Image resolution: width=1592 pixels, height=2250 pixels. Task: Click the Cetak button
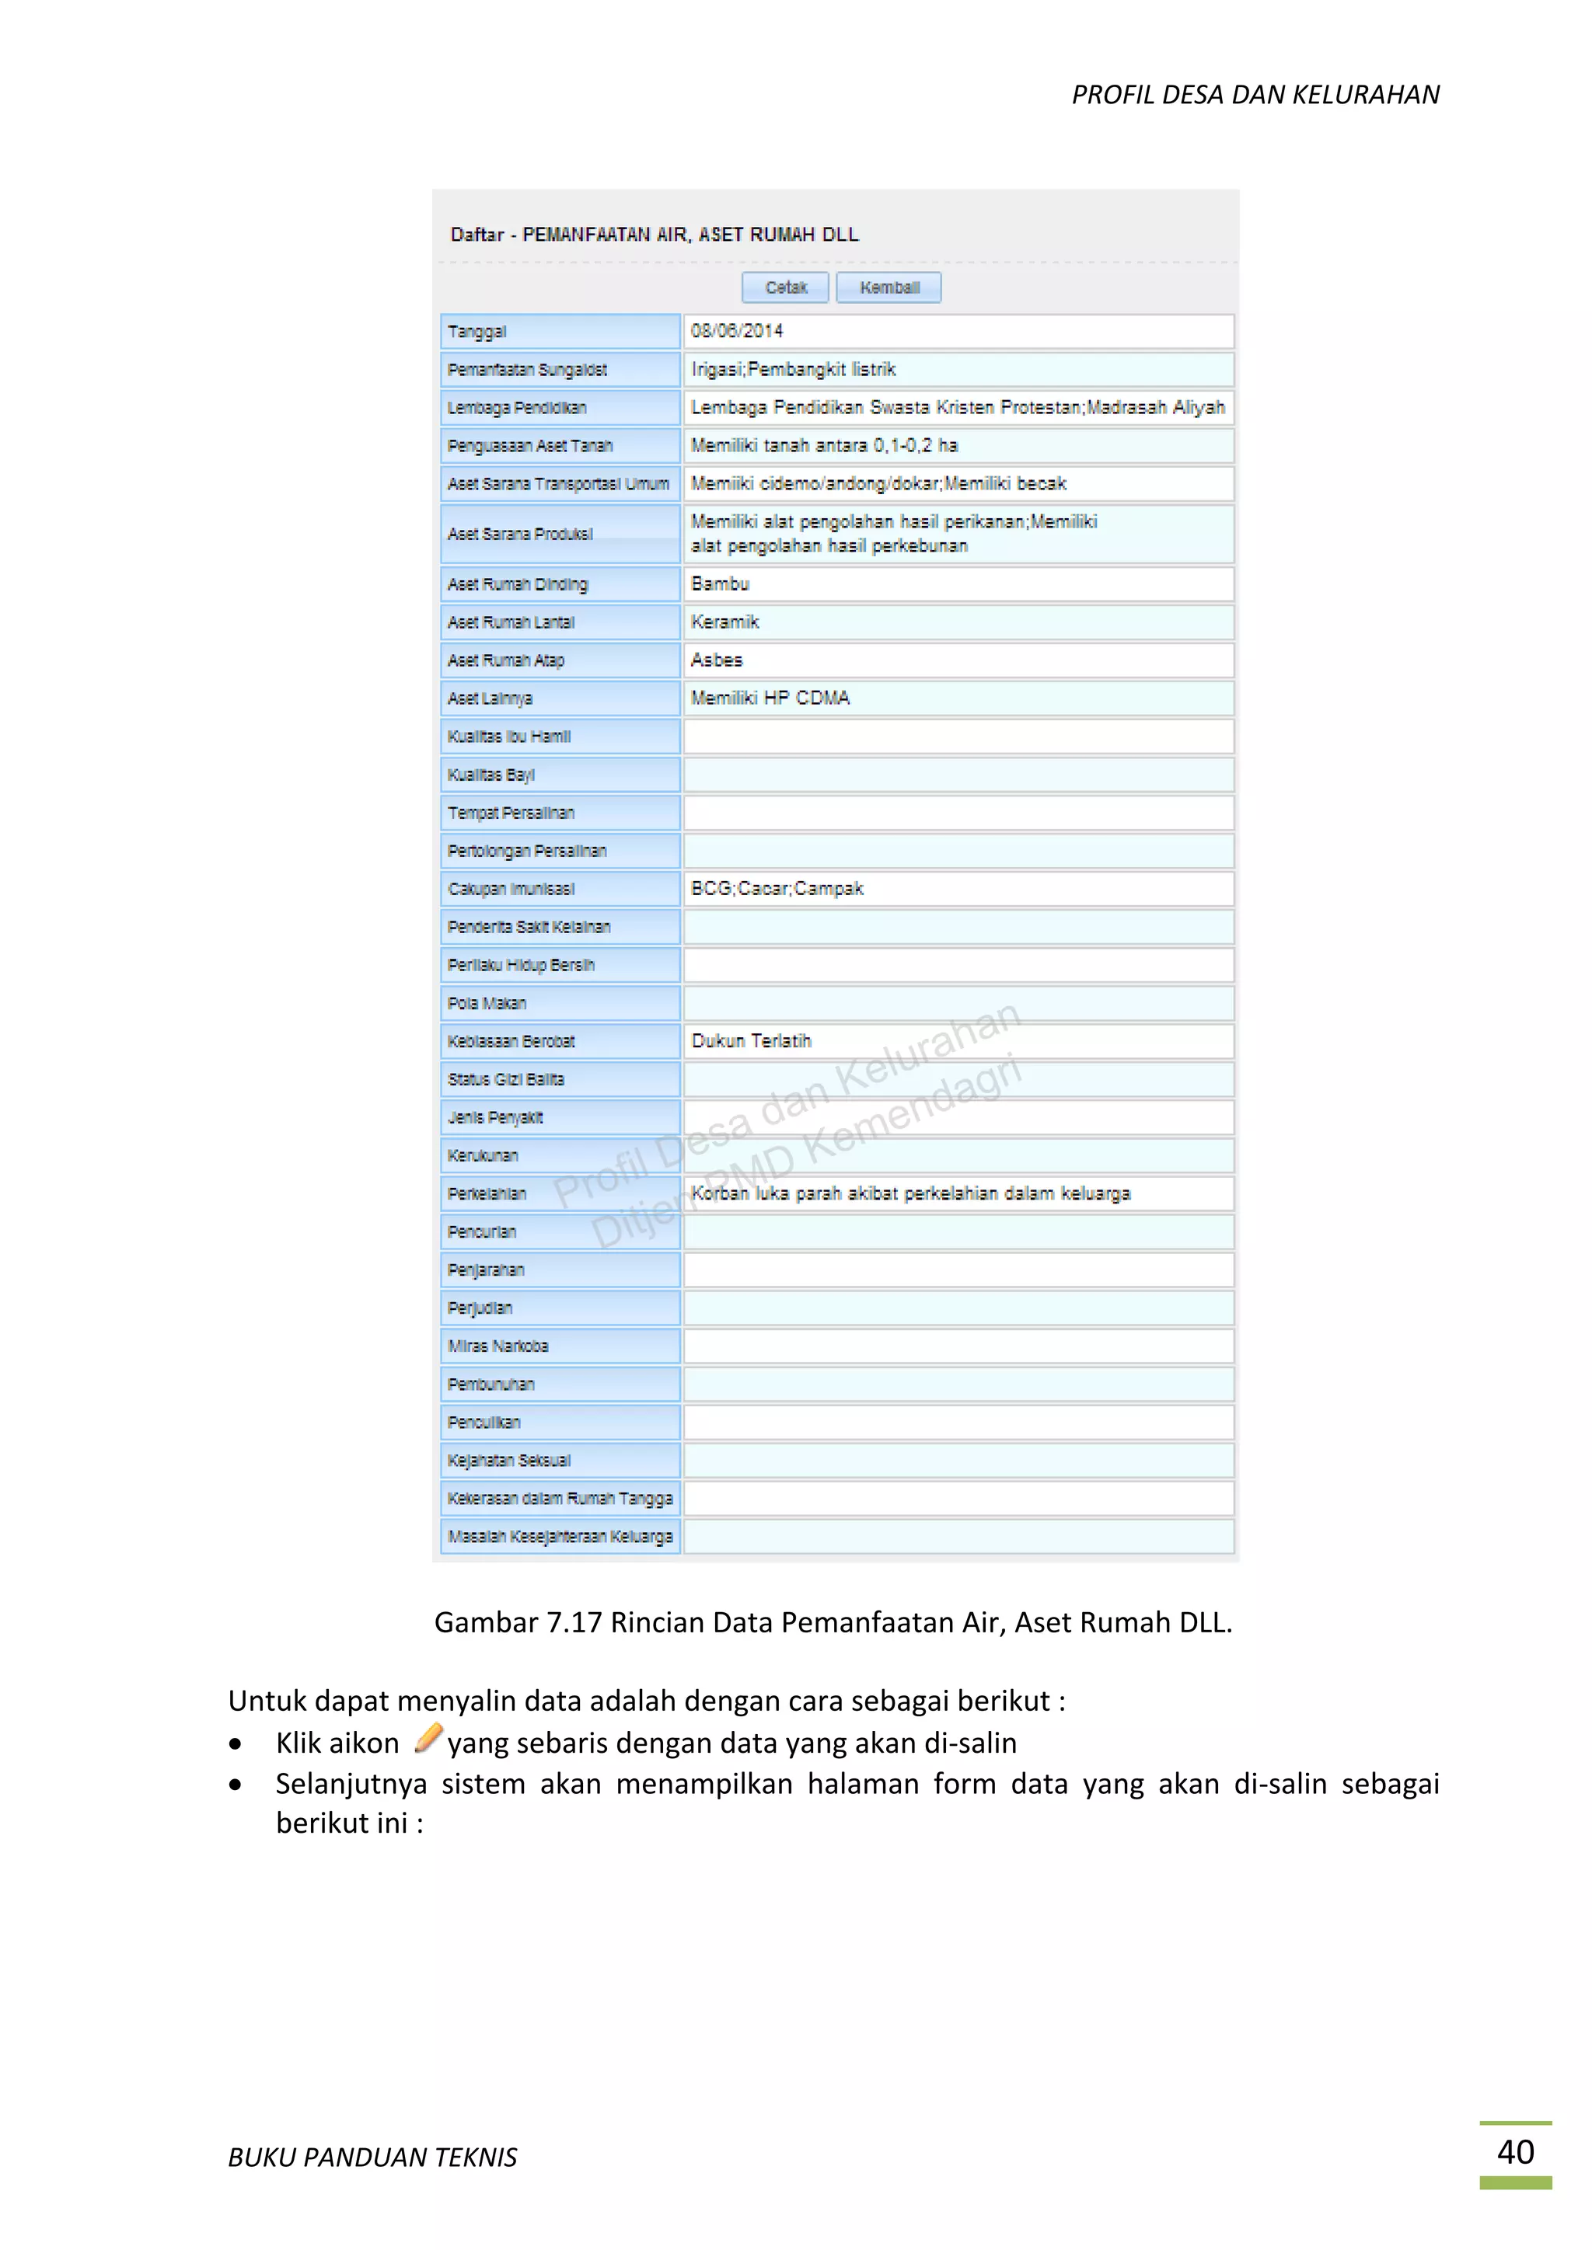pos(785,288)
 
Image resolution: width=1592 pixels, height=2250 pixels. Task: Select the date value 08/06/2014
pos(737,331)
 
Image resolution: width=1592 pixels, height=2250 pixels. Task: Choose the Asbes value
pos(717,660)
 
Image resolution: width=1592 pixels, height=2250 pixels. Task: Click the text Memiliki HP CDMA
pos(770,698)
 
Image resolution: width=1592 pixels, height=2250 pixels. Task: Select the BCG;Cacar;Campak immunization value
pos(777,889)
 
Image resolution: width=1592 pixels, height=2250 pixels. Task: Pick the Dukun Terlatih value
pos(752,1042)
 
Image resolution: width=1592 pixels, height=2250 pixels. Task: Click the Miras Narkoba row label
pos(498,1346)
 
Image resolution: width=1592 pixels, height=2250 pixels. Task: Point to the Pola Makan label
pos(487,1004)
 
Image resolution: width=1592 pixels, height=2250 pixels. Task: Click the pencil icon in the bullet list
pos(428,1739)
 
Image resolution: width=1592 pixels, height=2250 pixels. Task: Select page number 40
pos(1514,2151)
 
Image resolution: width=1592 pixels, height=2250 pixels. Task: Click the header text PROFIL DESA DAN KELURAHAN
pos(1255,95)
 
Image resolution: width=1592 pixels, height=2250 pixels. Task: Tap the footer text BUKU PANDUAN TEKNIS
pos(372,2157)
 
